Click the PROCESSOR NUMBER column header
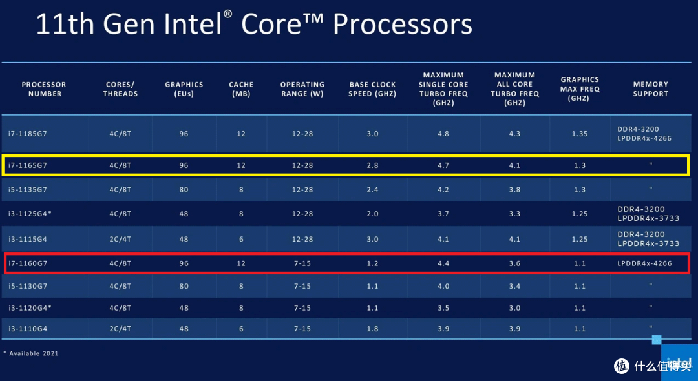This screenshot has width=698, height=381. pos(44,89)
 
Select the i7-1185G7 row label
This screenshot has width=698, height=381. pos(27,134)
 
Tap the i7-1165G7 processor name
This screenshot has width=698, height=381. pos(27,165)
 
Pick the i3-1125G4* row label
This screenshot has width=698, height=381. pos(30,214)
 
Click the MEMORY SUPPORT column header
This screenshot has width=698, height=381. pos(650,89)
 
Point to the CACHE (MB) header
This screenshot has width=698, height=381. pos(241,89)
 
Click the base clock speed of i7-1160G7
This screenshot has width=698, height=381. pos(373,263)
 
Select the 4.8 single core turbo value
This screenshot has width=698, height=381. pos(443,134)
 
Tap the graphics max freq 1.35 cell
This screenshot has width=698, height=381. pos(580,134)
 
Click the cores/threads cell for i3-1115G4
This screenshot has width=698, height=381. pos(120,239)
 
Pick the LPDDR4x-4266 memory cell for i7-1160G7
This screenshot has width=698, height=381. pos(644,263)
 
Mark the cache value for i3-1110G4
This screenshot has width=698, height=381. pos(241,329)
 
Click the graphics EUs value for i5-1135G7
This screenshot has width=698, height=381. pos(184,190)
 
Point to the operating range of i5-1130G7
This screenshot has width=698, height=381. pos(302,286)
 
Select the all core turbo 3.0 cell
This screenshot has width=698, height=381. pos(514,308)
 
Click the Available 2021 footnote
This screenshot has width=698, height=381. pos(31,353)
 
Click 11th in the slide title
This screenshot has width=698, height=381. pos(65,25)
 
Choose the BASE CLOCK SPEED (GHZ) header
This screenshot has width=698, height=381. pos(373,89)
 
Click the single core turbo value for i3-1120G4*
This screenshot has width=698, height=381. pos(443,308)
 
